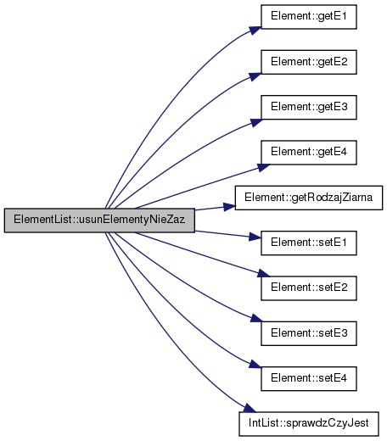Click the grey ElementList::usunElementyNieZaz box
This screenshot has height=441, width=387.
tap(99, 220)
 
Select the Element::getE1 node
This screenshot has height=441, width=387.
tap(309, 17)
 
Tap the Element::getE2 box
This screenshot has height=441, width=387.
tap(309, 62)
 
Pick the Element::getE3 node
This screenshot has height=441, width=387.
tap(309, 108)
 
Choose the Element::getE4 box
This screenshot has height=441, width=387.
tap(309, 153)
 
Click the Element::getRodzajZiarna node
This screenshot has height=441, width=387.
tap(309, 198)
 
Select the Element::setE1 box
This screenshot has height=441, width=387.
tap(309, 243)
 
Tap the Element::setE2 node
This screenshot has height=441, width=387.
tap(309, 288)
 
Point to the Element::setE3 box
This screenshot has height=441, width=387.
tap(309, 333)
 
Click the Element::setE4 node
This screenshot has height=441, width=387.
tap(309, 379)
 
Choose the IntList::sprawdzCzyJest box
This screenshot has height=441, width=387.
tap(309, 424)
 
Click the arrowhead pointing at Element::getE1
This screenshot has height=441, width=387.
tap(255, 31)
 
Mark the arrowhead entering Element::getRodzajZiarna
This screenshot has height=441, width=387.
tap(229, 207)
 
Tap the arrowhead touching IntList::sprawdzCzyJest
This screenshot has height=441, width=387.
tap(250, 409)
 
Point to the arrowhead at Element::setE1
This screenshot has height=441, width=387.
tap(255, 237)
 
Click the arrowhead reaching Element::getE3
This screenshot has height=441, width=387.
tap(256, 122)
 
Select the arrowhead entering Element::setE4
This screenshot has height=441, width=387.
tap(255, 364)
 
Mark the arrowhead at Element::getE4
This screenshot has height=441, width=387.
tap(263, 167)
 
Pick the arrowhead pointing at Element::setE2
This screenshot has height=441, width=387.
tap(263, 274)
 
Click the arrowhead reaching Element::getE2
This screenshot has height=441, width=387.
tap(255, 76)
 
